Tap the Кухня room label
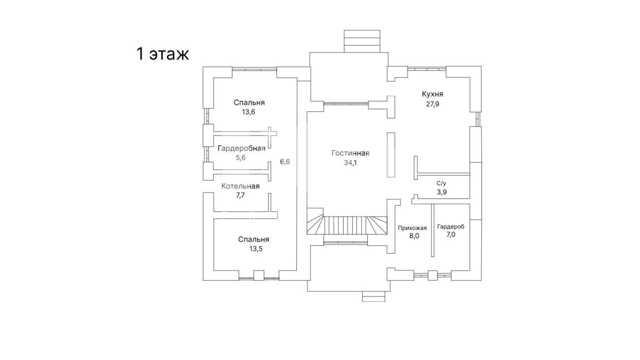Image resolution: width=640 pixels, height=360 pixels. [432, 94]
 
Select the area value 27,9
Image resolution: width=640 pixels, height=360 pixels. [433, 104]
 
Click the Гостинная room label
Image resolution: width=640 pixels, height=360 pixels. [351, 153]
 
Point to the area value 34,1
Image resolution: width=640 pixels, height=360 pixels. [351, 163]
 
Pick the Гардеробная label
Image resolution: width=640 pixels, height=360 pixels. [241, 149]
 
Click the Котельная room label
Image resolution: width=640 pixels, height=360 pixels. [240, 186]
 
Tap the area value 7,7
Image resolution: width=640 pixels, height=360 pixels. [240, 196]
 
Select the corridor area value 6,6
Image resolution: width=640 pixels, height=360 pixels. [285, 162]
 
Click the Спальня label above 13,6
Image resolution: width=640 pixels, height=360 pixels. [249, 102]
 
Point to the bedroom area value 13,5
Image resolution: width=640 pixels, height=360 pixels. [256, 249]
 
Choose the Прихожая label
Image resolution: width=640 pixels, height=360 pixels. [412, 228]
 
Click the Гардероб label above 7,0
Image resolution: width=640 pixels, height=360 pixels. [450, 227]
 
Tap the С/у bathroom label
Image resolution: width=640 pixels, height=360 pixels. [442, 183]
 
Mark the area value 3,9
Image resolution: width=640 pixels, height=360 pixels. [442, 192]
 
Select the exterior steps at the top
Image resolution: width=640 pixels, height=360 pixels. [362, 41]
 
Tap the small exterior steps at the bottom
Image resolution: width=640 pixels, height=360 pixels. [374, 296]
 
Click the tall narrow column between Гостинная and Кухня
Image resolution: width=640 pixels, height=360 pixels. [391, 155]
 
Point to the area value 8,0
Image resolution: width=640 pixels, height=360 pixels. [414, 236]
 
